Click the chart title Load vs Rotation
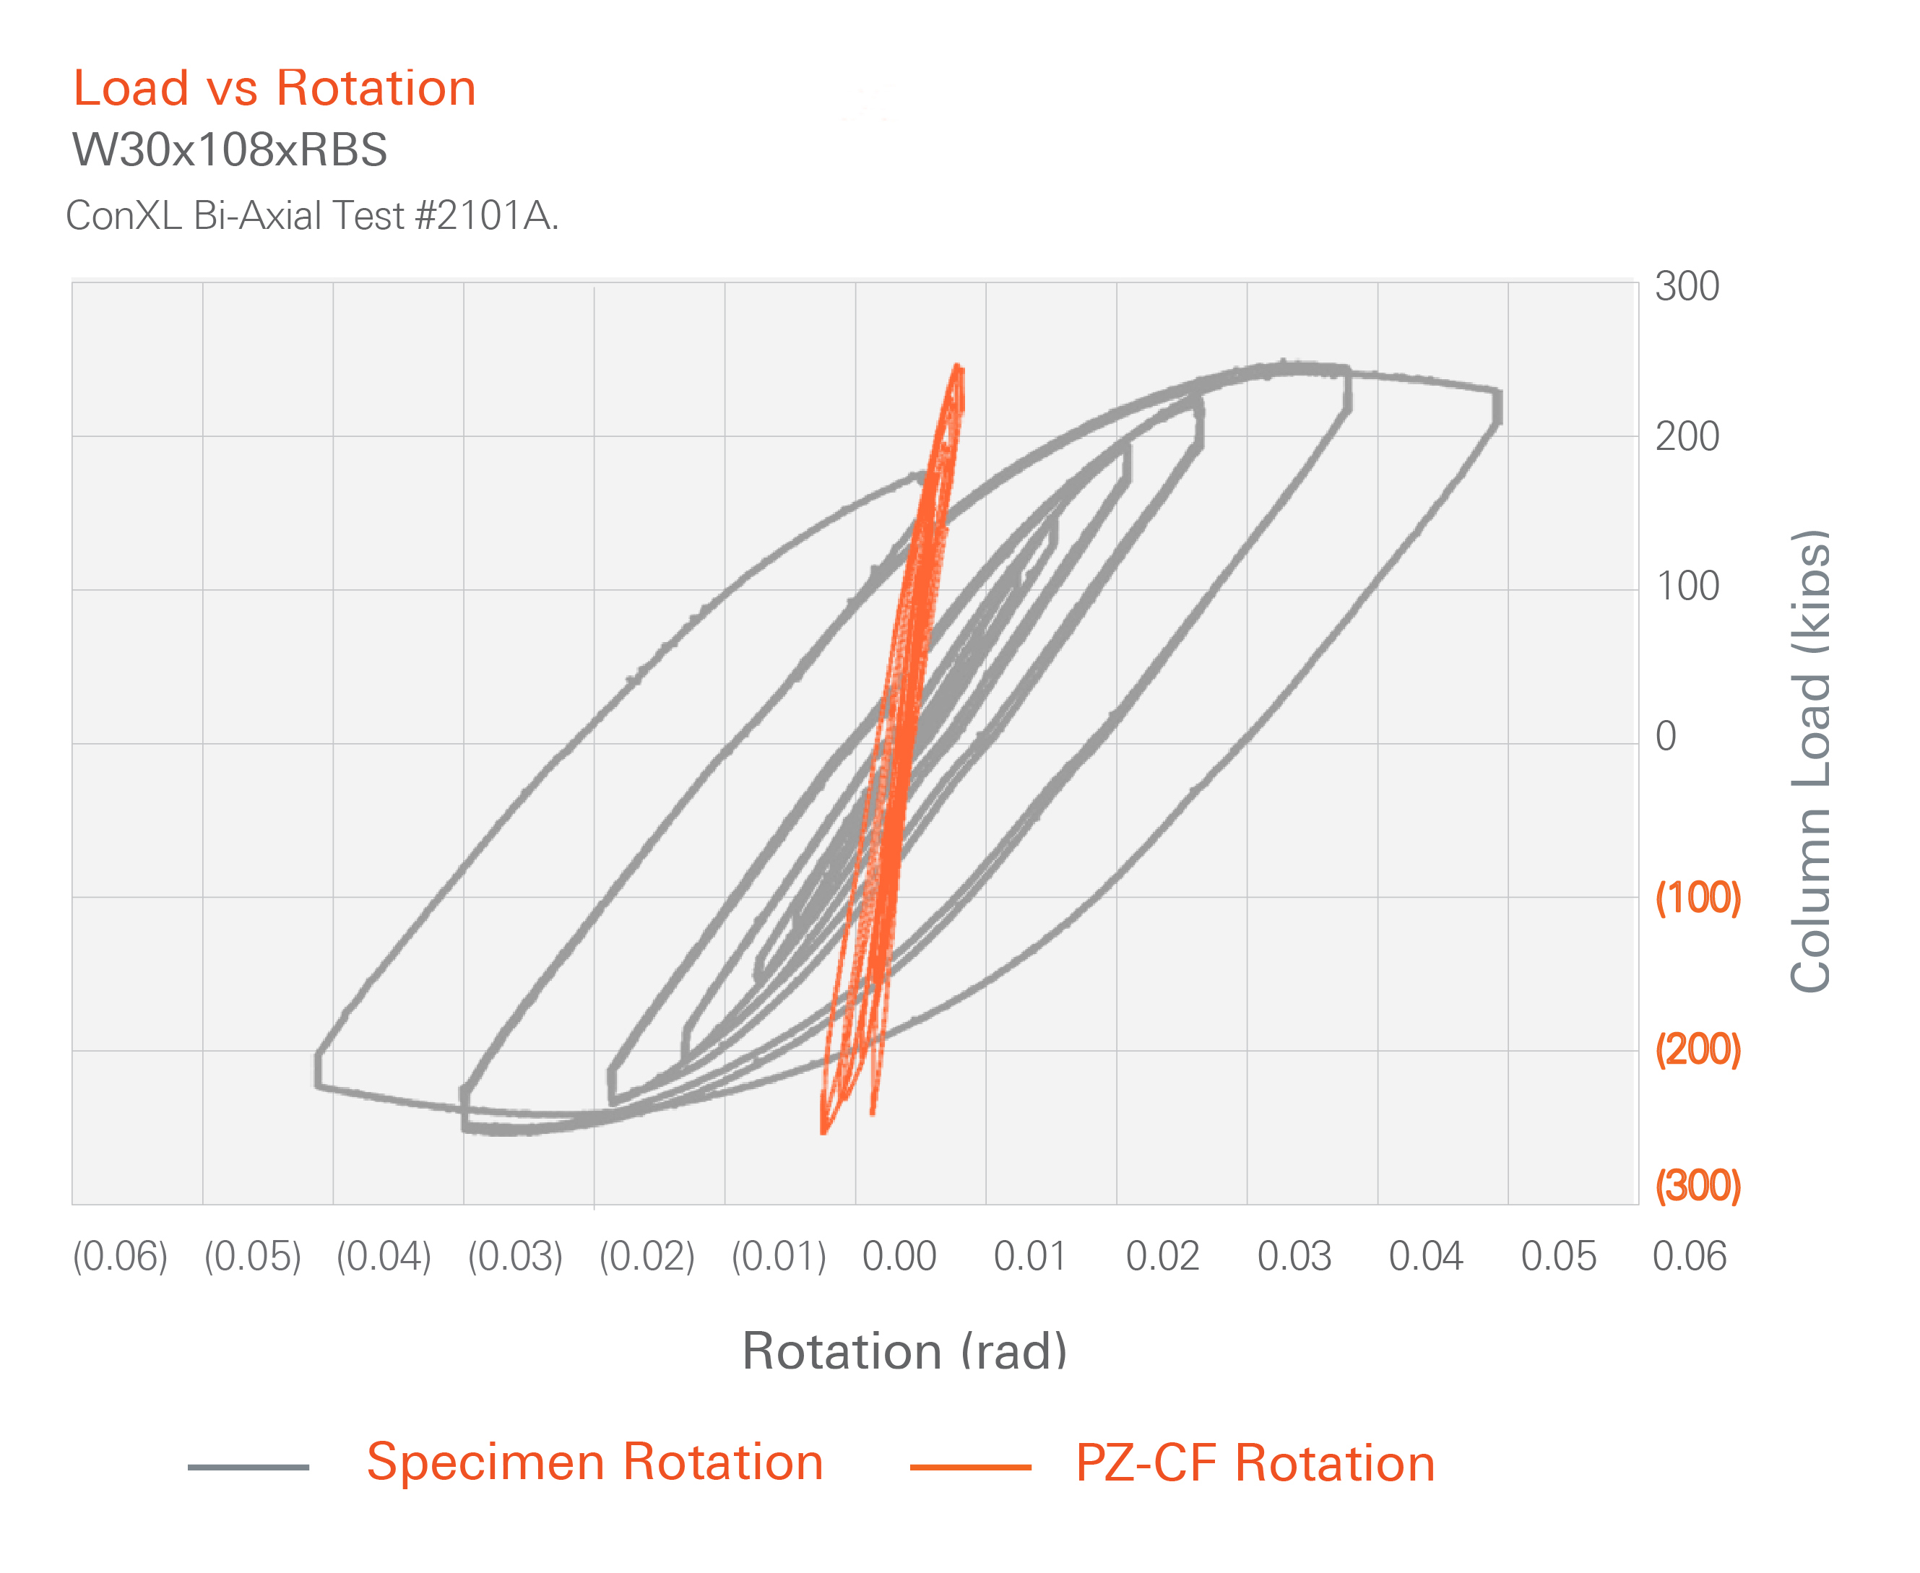tap(274, 89)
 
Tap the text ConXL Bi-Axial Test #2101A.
tap(312, 217)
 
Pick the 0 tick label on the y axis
tap(1666, 737)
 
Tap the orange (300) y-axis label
tap(1698, 1185)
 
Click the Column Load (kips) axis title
tap(1810, 761)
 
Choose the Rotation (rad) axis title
tap(904, 1352)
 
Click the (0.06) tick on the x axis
tap(121, 1257)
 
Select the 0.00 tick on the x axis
tap(899, 1257)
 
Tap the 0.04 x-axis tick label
tap(1426, 1257)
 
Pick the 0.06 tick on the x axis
tap(1690, 1257)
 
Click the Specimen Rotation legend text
tap(594, 1462)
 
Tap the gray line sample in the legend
tap(248, 1467)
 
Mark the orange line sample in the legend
tap(970, 1467)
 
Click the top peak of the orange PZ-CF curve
tap(957, 367)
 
